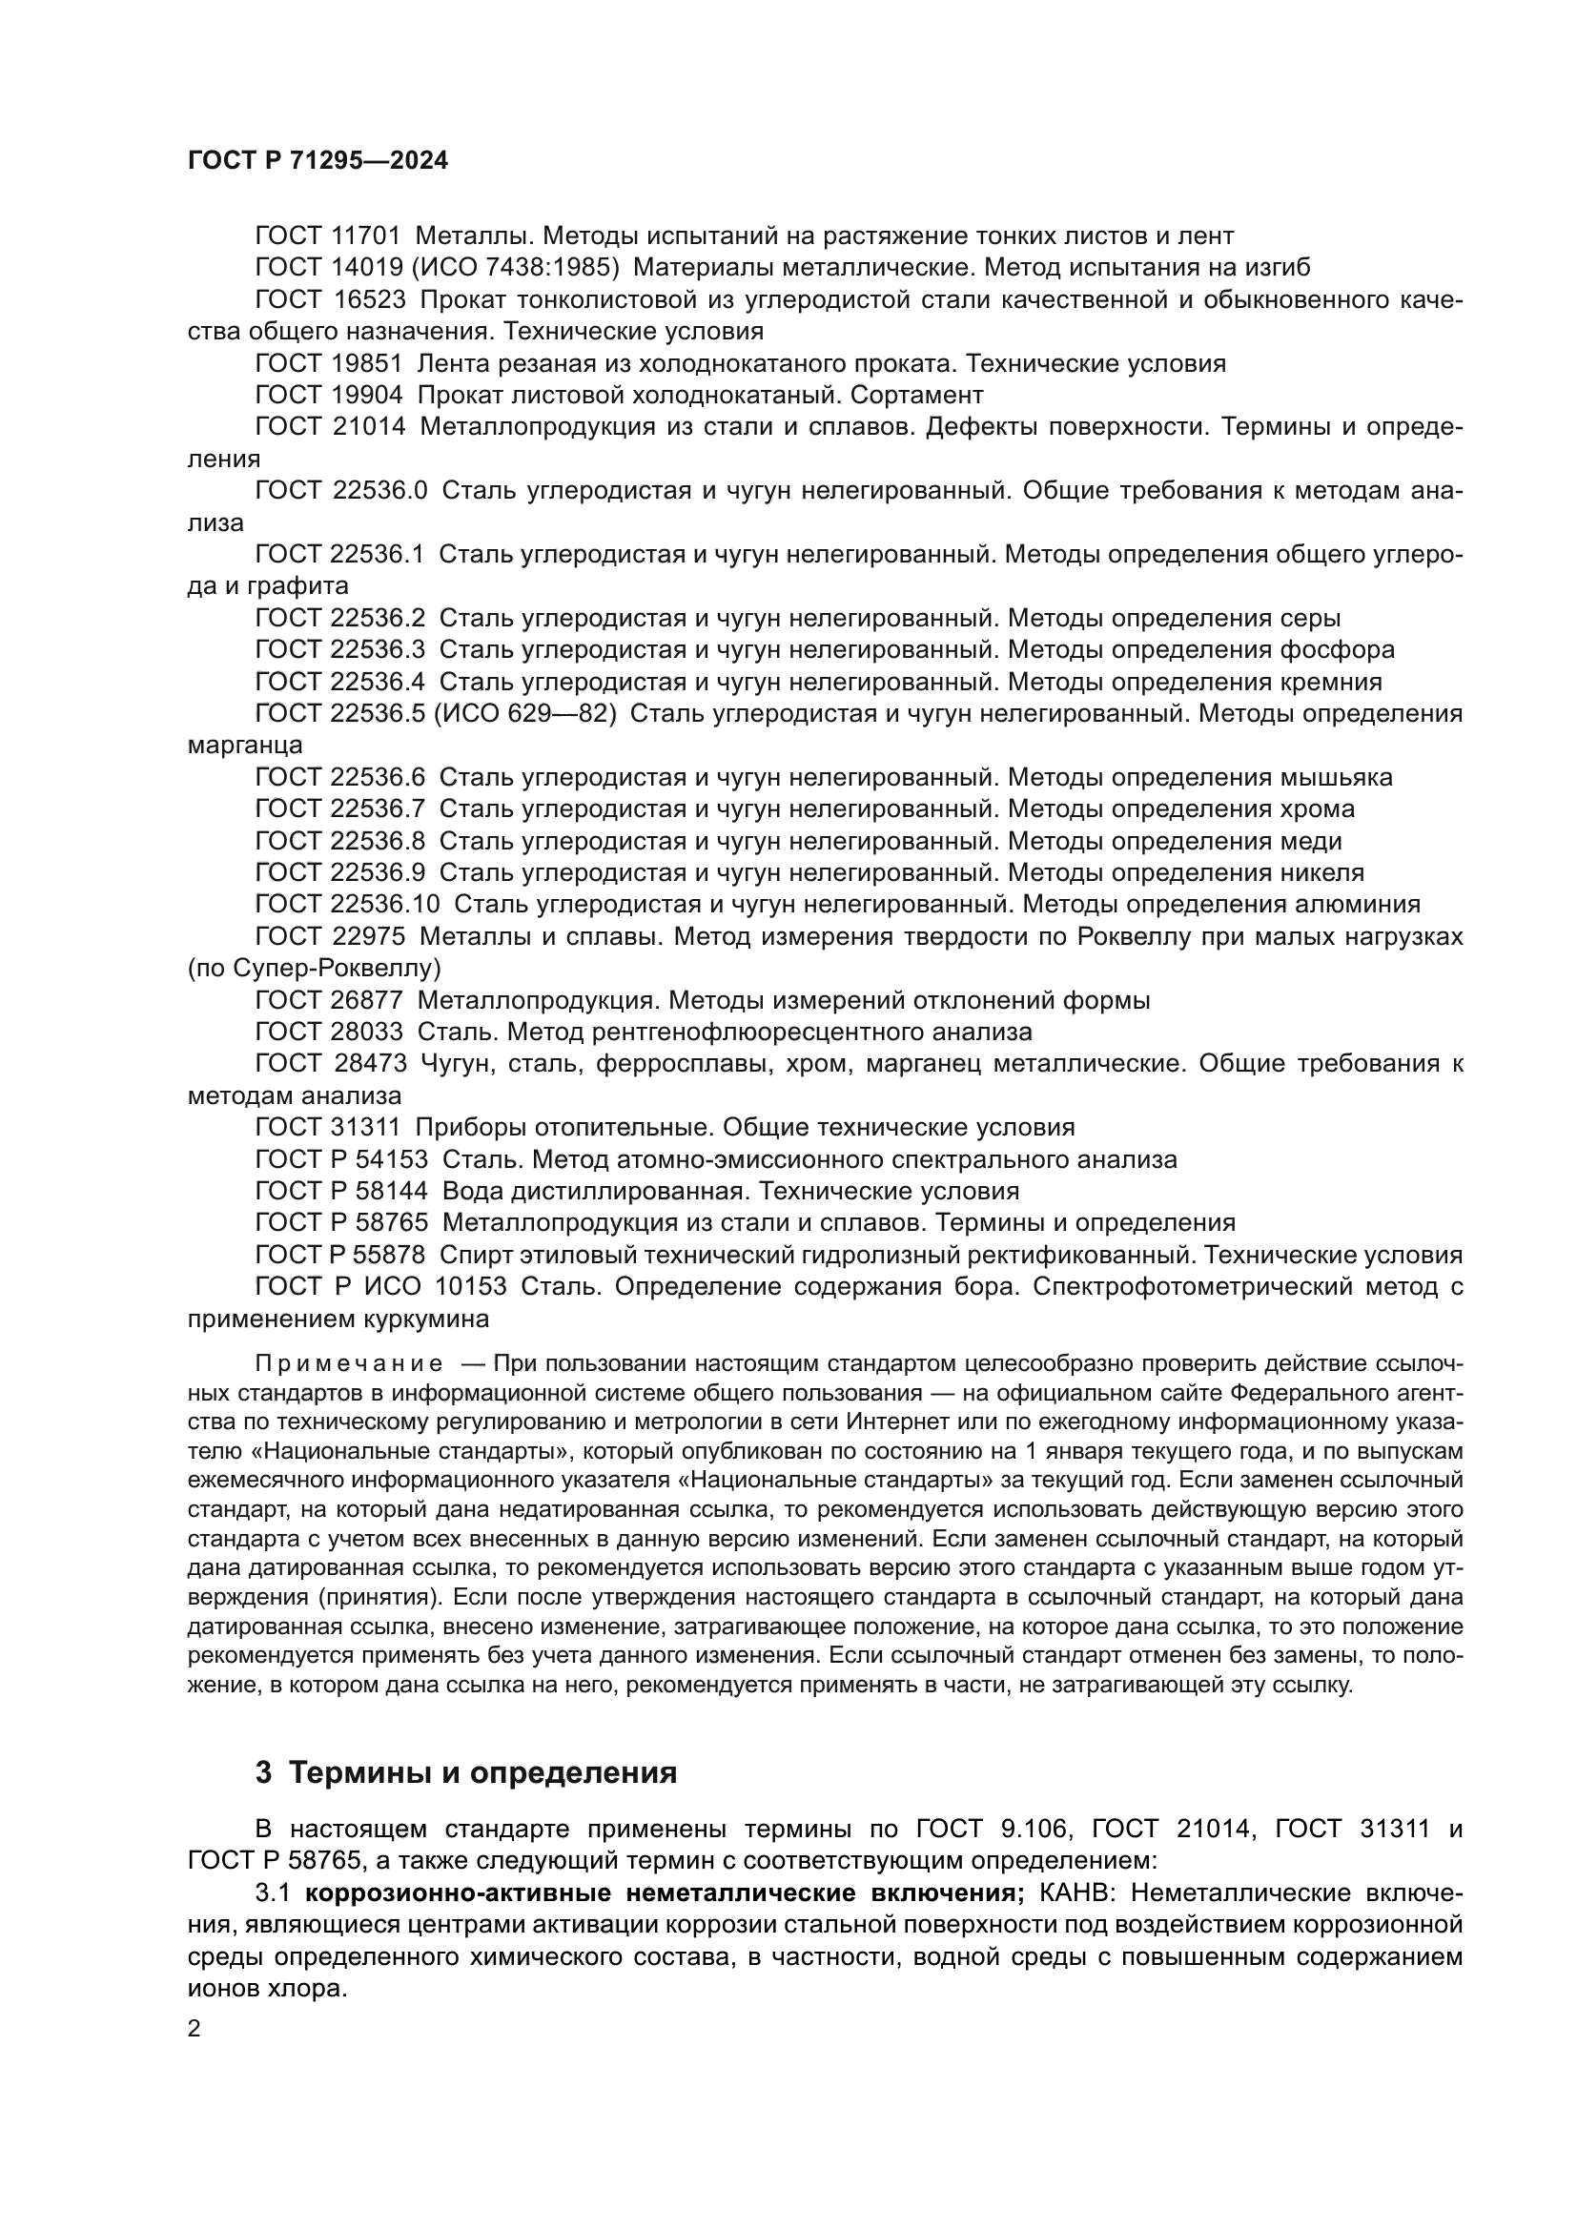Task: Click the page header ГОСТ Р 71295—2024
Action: pos(317,161)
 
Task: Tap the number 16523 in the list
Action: pos(370,300)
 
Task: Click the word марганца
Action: pos(245,746)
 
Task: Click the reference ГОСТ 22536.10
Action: pos(347,905)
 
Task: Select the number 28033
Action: pos(369,1032)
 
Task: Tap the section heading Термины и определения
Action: pos(482,1773)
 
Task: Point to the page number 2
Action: pos(195,2030)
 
